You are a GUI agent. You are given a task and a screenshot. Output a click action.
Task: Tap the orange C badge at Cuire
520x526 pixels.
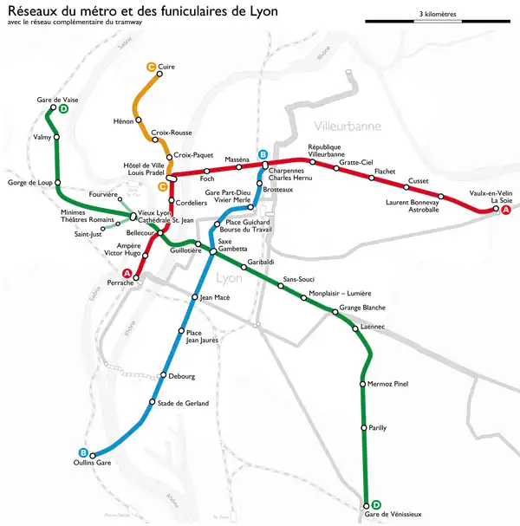pos(151,66)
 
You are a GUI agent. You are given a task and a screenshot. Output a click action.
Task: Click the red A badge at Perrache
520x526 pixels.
pos(127,275)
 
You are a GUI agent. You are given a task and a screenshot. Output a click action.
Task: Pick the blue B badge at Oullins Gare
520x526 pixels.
pos(83,453)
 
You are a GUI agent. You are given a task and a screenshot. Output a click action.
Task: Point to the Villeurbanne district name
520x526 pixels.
pos(348,127)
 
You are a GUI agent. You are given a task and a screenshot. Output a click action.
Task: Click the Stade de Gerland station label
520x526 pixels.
pos(183,403)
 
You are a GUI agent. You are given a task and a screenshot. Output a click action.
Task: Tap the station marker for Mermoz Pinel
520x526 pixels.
pos(363,384)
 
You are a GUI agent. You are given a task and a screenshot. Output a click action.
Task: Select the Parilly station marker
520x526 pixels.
pos(363,428)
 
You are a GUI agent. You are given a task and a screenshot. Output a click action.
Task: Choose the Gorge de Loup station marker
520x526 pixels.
pos(57,182)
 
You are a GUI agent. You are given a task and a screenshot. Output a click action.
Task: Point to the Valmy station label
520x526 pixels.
pos(42,137)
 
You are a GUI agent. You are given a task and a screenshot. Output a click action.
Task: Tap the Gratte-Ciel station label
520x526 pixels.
pos(355,162)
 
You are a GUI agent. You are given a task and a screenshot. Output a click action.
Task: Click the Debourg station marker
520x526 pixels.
pos(163,375)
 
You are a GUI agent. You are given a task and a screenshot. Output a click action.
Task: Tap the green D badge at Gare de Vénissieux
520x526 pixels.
pos(376,505)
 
